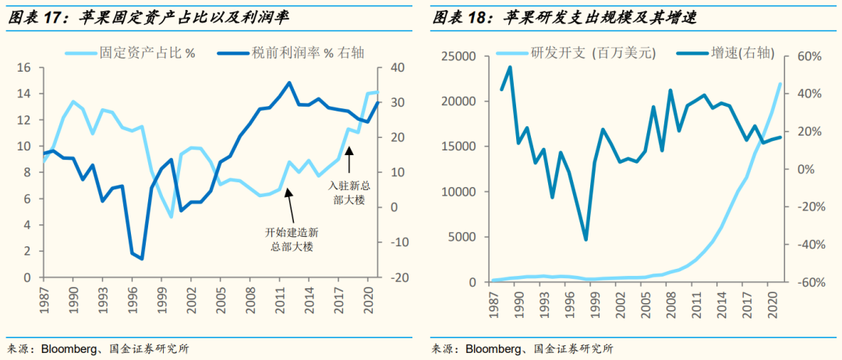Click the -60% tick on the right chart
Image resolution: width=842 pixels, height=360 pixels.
tap(812, 282)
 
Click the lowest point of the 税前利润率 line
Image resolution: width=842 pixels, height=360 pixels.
tap(141, 258)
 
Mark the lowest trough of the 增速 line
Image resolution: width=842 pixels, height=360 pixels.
tap(586, 239)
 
